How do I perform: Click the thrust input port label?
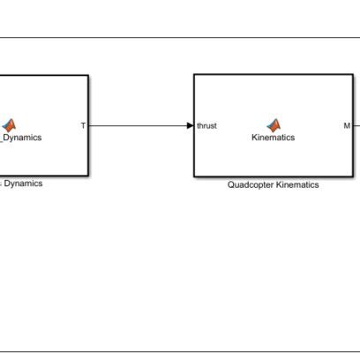[x=206, y=125]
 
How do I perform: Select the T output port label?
[x=83, y=125]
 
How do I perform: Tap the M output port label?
[x=347, y=125]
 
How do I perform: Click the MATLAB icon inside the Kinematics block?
[x=273, y=124]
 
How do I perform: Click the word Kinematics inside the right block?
[x=273, y=138]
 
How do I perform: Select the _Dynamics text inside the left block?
[x=21, y=138]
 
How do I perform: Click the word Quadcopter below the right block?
[x=251, y=185]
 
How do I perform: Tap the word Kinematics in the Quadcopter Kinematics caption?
[x=296, y=185]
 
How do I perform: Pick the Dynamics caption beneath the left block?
[x=23, y=184]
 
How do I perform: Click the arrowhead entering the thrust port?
[x=190, y=125]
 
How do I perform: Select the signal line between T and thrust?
[x=137, y=125]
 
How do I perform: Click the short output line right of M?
[x=356, y=125]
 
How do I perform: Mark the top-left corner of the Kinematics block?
[x=194, y=75]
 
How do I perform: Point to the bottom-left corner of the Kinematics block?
[x=194, y=176]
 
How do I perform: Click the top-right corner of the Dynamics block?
[x=88, y=75]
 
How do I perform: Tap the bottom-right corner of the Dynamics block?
[x=88, y=176]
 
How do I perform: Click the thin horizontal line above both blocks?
[x=176, y=38]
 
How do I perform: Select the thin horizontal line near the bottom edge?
[x=176, y=352]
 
